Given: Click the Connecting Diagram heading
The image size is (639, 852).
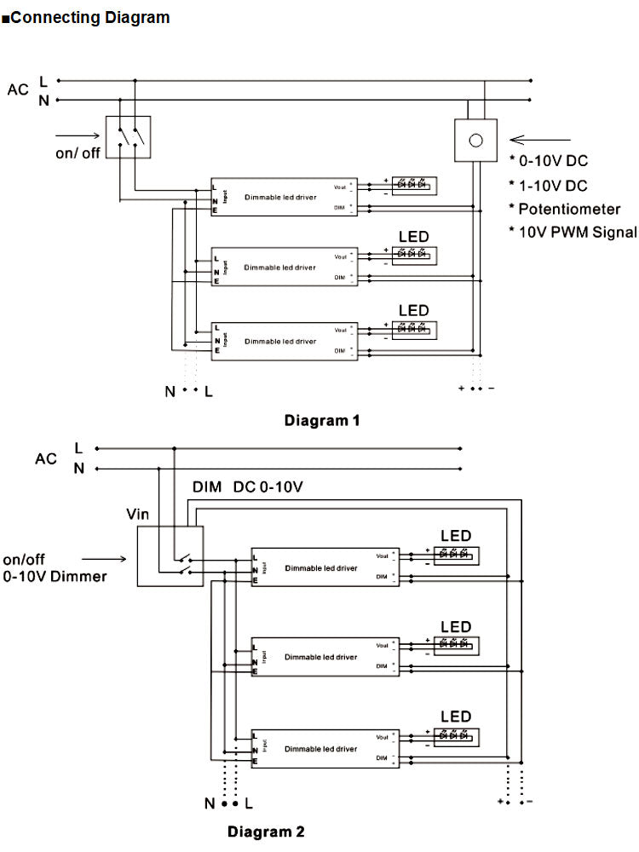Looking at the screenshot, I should point(89,17).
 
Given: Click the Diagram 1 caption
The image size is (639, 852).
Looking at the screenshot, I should point(322,420).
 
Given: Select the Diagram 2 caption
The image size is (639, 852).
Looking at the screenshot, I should point(266,831).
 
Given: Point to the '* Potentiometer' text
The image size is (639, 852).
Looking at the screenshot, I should point(565,209).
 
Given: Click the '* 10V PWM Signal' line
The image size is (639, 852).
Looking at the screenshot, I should point(573,232).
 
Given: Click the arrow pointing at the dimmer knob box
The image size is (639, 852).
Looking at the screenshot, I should point(540,139).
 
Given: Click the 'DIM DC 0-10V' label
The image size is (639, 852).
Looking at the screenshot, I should point(248,487).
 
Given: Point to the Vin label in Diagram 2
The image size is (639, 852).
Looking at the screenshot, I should point(137,514).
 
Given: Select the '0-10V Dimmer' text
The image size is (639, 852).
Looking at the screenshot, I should point(55,577).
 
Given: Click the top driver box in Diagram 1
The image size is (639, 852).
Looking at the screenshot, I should point(285,197).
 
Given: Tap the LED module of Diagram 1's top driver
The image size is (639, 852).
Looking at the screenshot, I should point(412,184).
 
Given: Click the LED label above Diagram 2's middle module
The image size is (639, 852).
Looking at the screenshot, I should point(456,627).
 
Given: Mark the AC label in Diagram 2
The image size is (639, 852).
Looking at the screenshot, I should point(46,458).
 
